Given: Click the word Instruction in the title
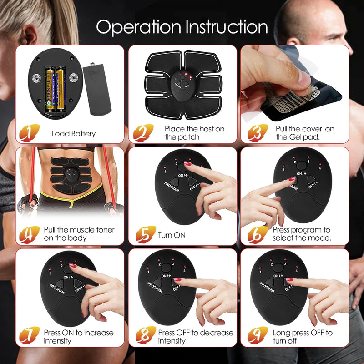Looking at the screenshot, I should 225,27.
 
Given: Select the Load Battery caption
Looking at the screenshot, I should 73,133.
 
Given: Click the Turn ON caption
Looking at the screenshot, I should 172,235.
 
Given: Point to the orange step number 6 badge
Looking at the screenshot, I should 257,234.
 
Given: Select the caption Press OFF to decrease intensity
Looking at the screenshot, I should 196,337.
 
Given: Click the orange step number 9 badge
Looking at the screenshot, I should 257,337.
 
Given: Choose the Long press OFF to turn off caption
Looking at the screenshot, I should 303,337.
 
